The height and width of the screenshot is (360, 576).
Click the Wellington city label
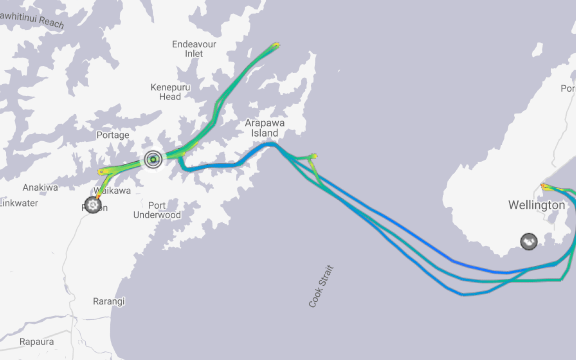pyautogui.click(x=536, y=205)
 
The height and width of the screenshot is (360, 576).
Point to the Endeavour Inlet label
pyautogui.click(x=194, y=48)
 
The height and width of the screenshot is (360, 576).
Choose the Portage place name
pyautogui.click(x=113, y=135)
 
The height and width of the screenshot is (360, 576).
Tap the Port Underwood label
pyautogui.click(x=157, y=208)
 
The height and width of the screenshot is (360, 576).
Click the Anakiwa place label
pyautogui.click(x=40, y=187)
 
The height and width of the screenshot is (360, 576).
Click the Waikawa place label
pyautogui.click(x=112, y=190)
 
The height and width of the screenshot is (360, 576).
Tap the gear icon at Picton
pyautogui.click(x=93, y=205)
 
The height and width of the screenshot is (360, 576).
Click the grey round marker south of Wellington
pyautogui.click(x=528, y=241)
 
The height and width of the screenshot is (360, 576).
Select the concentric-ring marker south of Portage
pyautogui.click(x=153, y=158)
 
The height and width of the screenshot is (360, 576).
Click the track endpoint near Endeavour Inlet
pyautogui.click(x=276, y=44)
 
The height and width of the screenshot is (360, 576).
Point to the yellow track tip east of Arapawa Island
pyautogui.click(x=314, y=155)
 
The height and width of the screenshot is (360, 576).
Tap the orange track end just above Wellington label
pyautogui.click(x=543, y=186)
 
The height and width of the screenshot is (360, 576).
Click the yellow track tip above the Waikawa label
pyautogui.click(x=101, y=171)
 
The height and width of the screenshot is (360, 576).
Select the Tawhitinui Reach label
pyautogui.click(x=30, y=21)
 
